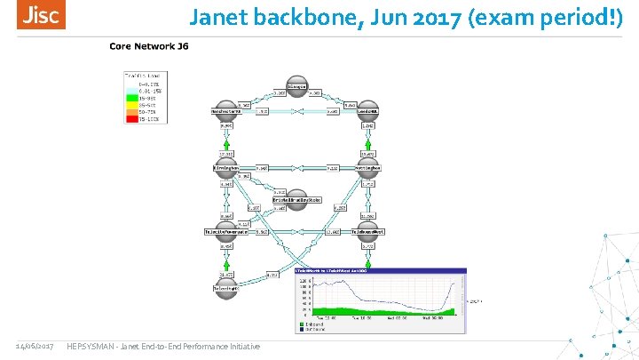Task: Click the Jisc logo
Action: (41, 16)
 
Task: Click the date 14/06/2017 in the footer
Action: (35, 346)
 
